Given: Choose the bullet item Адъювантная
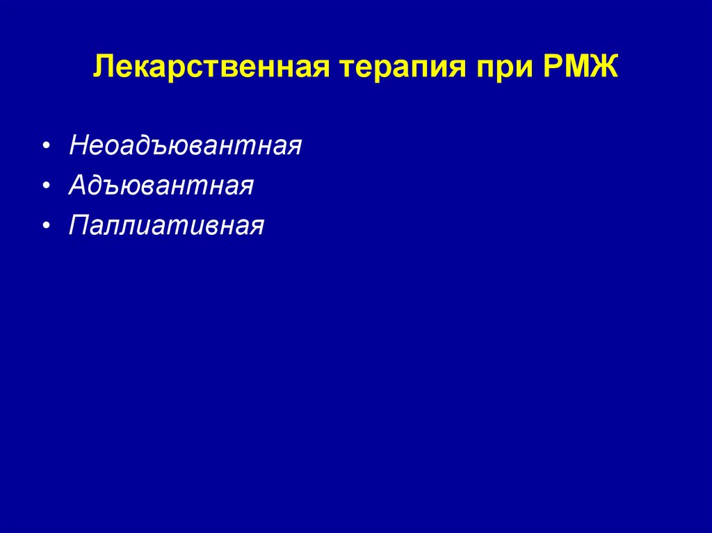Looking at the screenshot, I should (161, 186).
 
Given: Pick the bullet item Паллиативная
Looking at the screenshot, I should (166, 226).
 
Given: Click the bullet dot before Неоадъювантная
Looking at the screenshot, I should (46, 147).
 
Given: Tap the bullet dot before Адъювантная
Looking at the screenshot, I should (46, 186).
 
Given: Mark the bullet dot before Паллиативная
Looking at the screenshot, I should (46, 227).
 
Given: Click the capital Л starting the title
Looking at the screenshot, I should (103, 69).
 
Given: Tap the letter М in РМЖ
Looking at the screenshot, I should (573, 69).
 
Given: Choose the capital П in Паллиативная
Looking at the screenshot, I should (79, 226).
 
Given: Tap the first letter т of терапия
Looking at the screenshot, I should (346, 71).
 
